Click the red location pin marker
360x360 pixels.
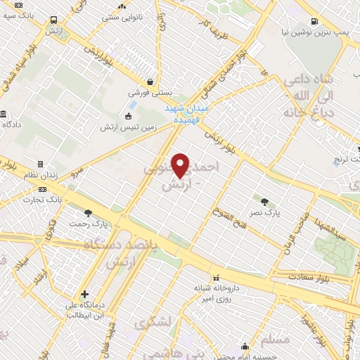181,165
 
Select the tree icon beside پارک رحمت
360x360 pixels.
88,213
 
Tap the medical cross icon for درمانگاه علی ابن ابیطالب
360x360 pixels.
85,294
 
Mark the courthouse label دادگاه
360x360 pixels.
15,124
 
